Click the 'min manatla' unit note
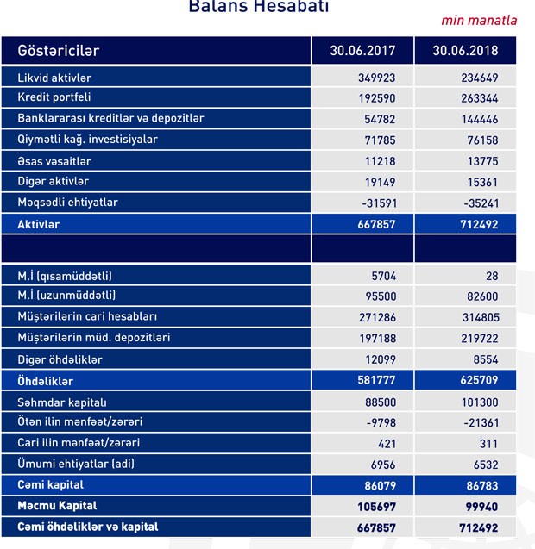point(479,20)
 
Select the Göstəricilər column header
point(59,51)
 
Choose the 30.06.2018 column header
point(466,51)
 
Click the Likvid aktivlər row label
point(54,78)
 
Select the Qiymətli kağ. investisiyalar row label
point(88,140)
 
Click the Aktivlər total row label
point(39,224)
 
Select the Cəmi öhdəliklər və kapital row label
point(88,527)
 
